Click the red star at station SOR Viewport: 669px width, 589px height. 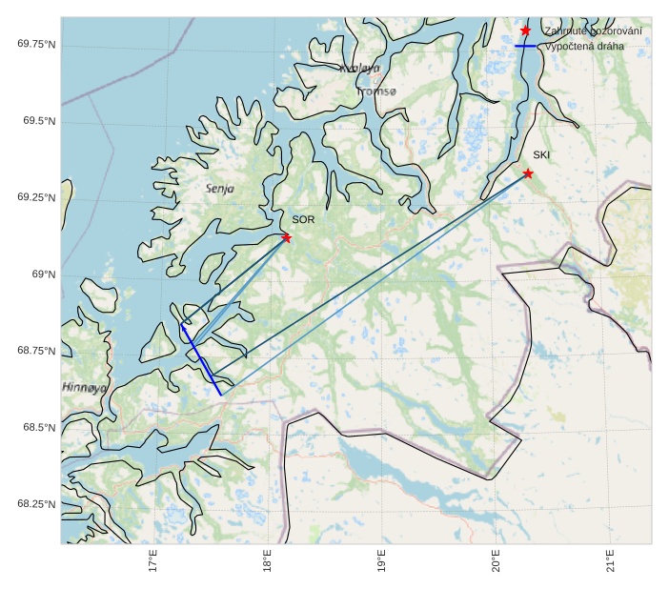coord(286,237)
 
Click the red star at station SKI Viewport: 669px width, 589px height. coord(528,173)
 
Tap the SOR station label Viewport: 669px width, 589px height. coord(303,220)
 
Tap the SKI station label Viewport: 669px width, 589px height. coord(541,155)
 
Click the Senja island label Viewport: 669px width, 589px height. coord(220,189)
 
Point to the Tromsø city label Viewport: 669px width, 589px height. coord(377,91)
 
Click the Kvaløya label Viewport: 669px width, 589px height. coord(359,69)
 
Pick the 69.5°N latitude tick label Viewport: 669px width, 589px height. coord(39,121)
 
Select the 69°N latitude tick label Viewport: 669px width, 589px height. coord(44,274)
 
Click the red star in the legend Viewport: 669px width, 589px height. coord(525,31)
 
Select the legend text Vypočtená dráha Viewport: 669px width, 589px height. coord(584,46)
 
